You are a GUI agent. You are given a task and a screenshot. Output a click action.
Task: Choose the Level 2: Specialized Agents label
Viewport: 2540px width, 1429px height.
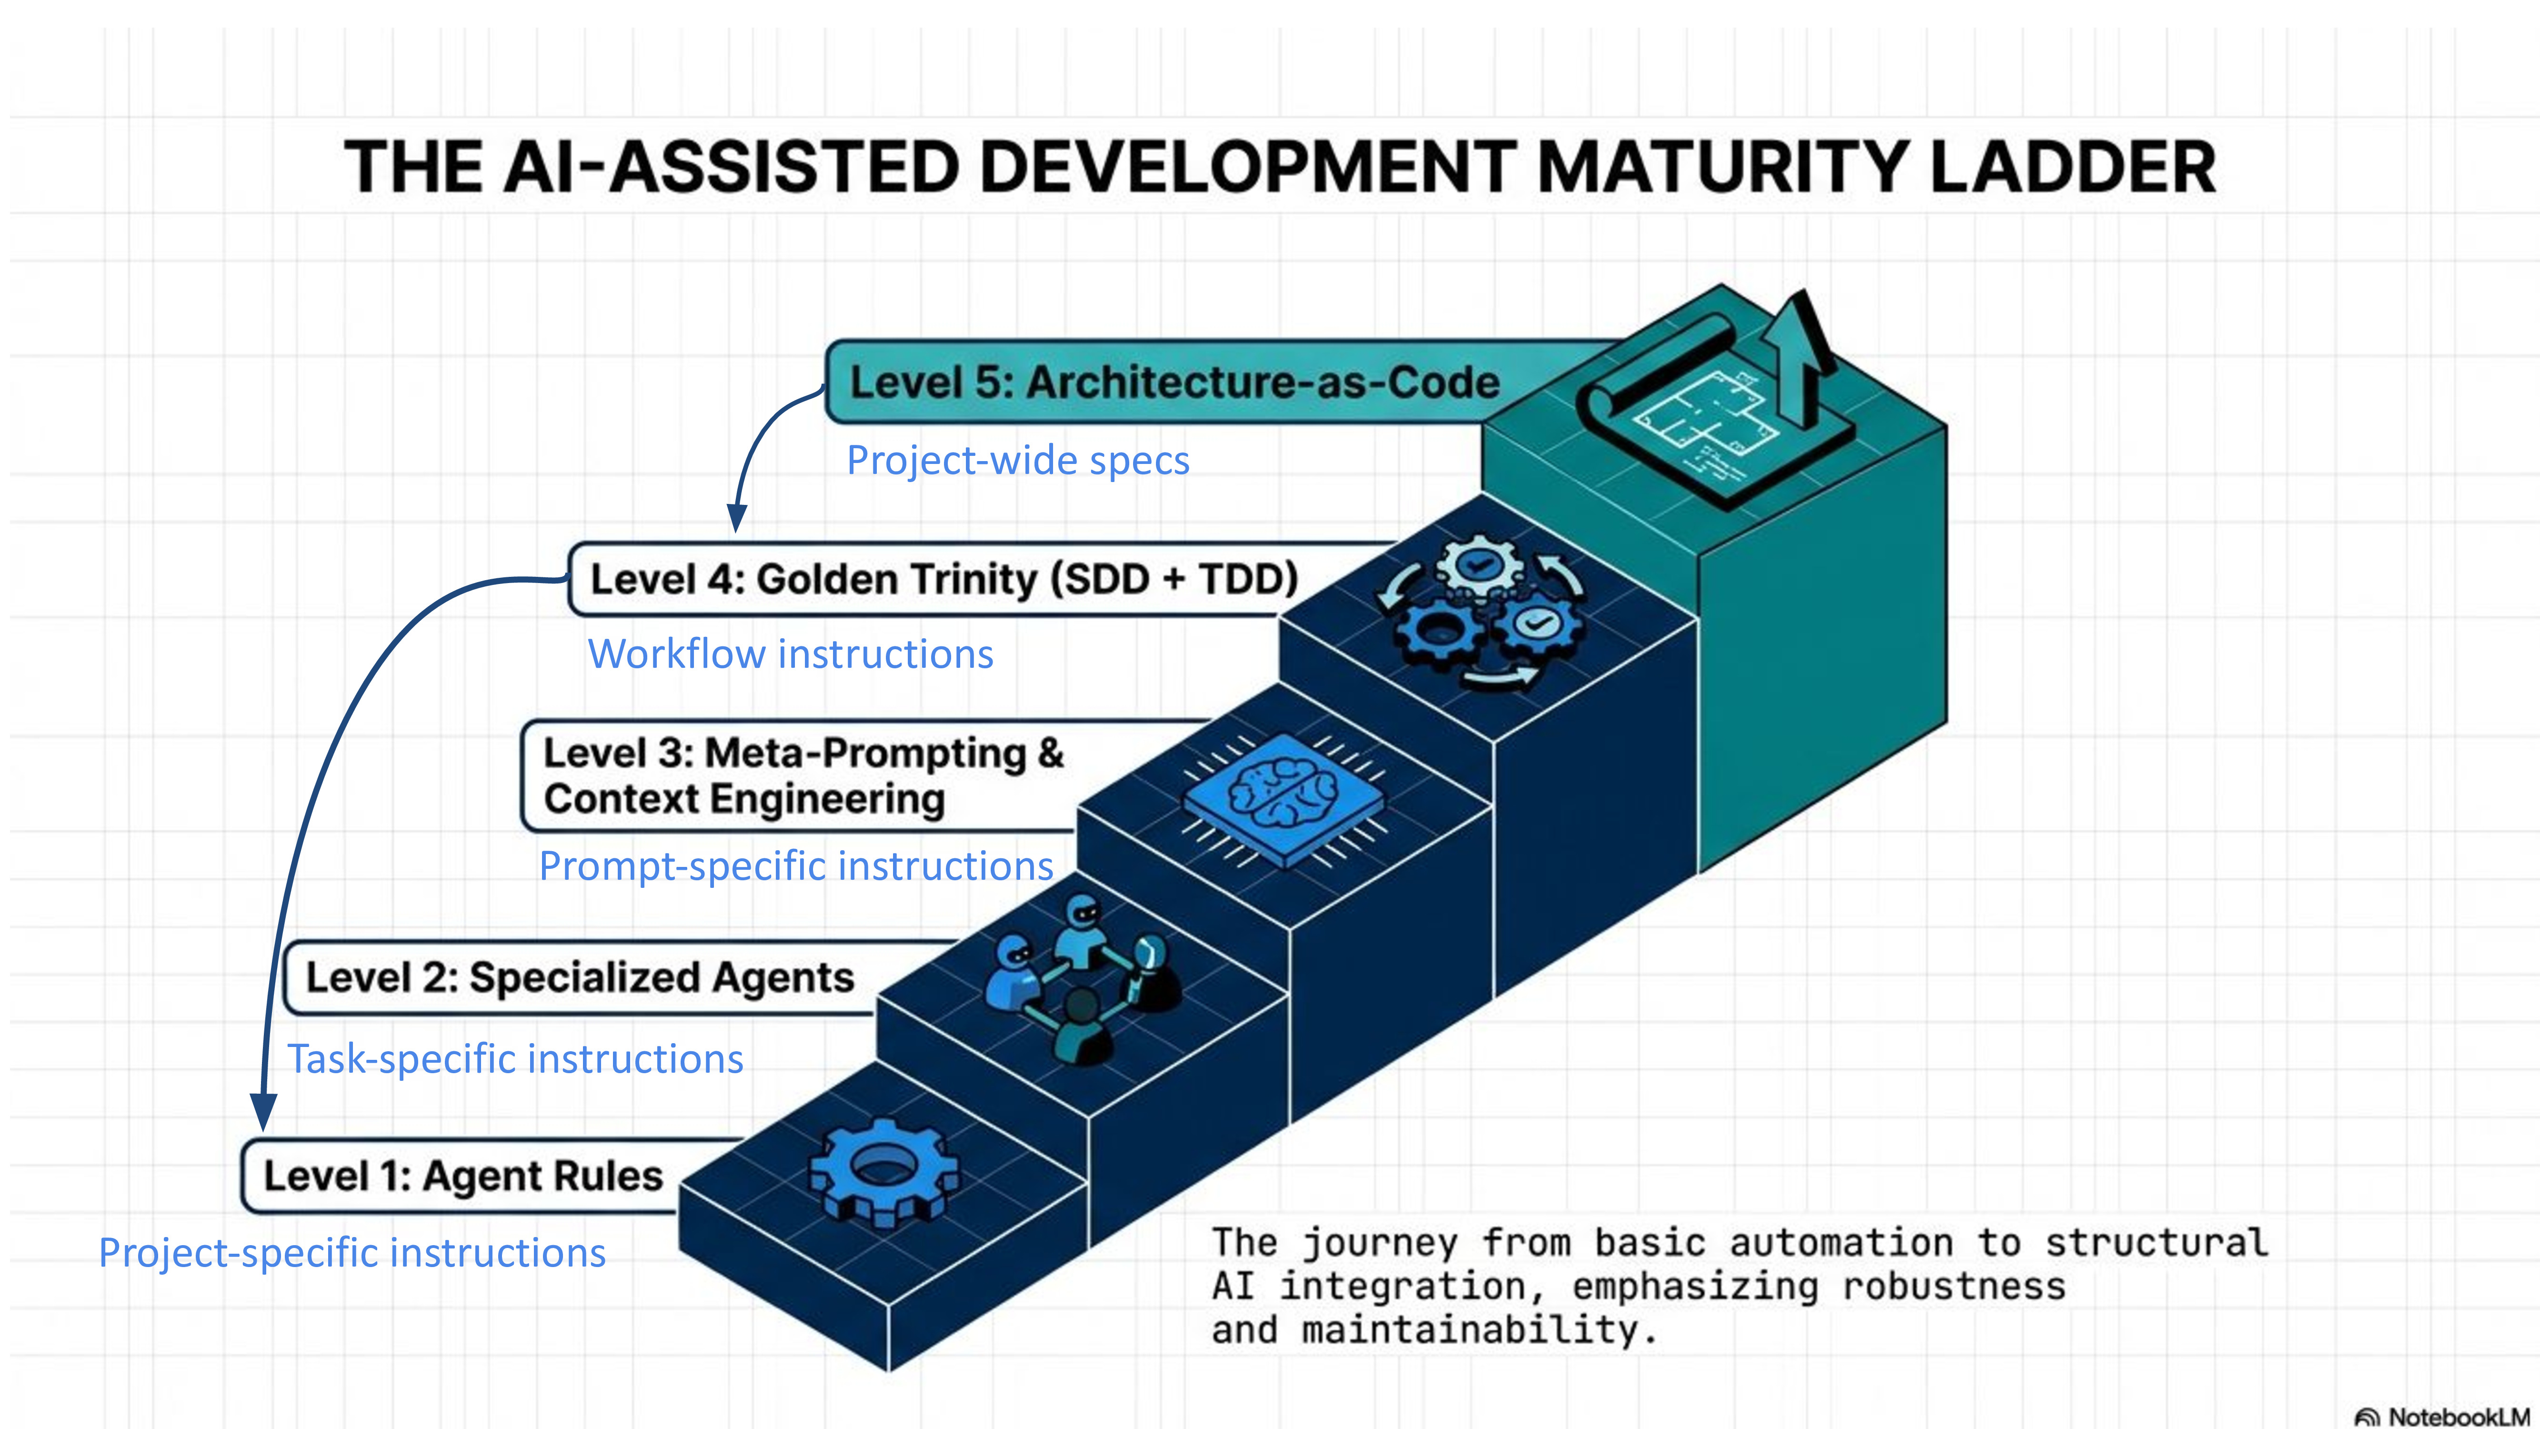[x=580, y=977]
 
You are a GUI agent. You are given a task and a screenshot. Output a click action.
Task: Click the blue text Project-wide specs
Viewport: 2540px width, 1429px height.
[x=1018, y=461]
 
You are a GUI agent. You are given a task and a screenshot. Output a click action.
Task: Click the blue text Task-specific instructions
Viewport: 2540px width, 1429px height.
[x=515, y=1059]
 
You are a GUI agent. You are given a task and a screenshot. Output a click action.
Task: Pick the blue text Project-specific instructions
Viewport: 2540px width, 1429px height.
[x=352, y=1253]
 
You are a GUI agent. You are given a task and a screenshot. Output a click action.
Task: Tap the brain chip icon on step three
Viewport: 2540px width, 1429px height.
[x=1282, y=799]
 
